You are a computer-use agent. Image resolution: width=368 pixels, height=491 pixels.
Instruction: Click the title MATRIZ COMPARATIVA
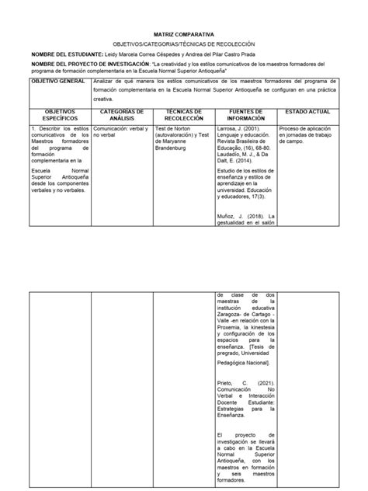point(183,35)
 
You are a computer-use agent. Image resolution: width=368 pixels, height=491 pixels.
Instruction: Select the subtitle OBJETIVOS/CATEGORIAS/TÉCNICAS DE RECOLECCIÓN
point(183,45)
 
